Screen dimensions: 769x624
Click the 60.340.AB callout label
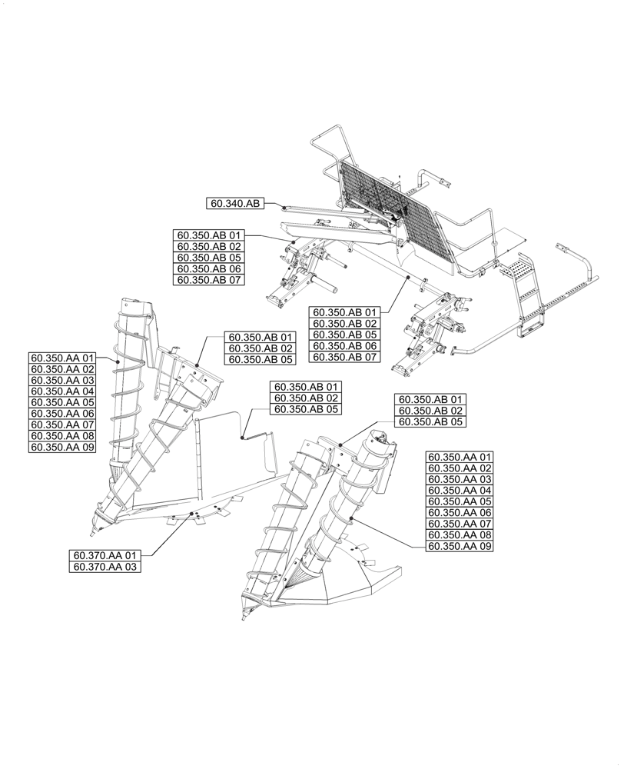coord(234,203)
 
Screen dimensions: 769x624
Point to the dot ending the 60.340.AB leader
coord(284,208)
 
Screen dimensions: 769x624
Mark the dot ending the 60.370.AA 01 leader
coord(192,517)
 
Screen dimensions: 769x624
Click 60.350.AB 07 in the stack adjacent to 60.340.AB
coord(209,281)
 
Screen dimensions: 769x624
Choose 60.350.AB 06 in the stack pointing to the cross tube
coord(344,346)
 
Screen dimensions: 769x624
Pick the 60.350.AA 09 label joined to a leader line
coord(459,546)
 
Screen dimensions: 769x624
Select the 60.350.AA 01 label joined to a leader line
coord(62,358)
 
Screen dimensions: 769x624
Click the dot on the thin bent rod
coord(243,438)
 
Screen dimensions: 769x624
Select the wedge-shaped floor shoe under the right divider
coord(361,584)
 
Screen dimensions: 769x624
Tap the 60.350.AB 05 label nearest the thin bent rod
coord(304,409)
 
